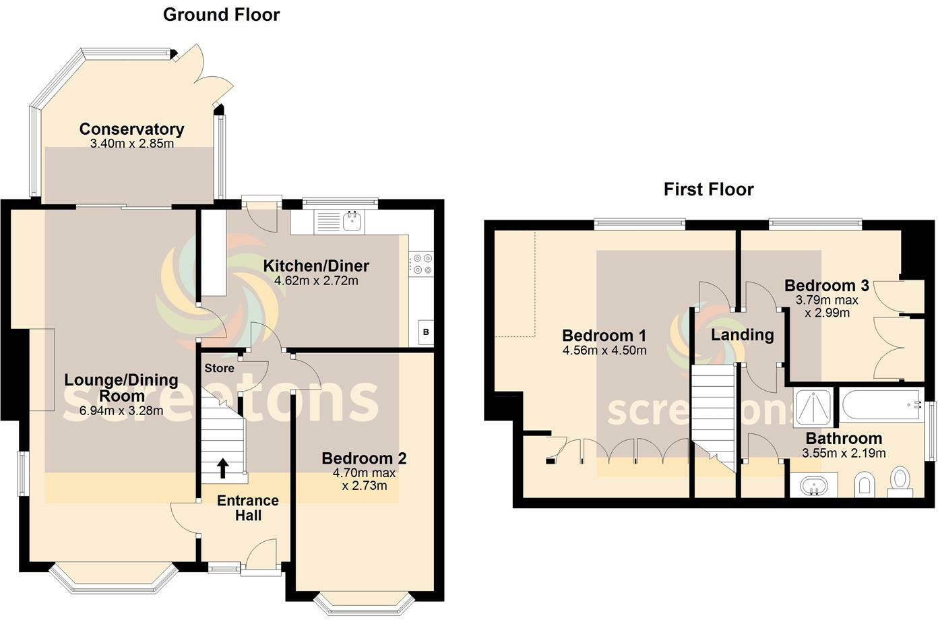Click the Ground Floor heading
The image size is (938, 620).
point(221,15)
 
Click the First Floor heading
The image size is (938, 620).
point(708,189)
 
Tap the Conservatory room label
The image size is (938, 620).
point(131,129)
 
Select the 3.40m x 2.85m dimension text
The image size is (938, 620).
point(131,144)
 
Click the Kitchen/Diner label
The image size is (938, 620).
point(316,266)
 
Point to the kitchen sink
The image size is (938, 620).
point(352,220)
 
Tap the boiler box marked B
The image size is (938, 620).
point(425,332)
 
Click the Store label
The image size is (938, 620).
point(219,368)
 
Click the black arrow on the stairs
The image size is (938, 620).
point(222,467)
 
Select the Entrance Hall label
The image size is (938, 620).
point(247,507)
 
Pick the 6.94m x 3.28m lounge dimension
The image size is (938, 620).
point(121,410)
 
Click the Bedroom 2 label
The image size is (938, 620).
point(364,458)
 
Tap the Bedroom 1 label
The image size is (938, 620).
point(604,335)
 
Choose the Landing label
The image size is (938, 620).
point(743,334)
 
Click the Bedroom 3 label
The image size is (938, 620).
point(826,286)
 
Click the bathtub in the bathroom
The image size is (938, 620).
point(880,404)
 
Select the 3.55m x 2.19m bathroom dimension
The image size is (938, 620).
point(844,454)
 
